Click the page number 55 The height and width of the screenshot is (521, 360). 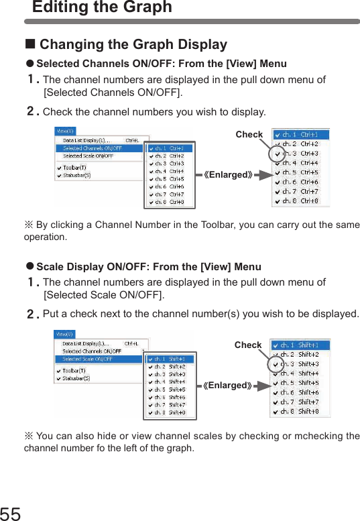click(x=11, y=514)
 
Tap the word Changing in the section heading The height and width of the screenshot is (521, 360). click(x=70, y=45)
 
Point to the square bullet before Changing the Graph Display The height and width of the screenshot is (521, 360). click(x=29, y=45)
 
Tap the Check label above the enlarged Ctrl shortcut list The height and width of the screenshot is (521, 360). click(x=249, y=135)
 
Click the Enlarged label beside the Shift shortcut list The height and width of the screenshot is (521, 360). click(x=228, y=386)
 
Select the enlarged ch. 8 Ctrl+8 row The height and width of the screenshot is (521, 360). click(x=300, y=200)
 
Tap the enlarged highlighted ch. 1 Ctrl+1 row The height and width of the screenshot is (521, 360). click(x=300, y=135)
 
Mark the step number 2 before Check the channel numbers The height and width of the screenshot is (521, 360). click(x=32, y=111)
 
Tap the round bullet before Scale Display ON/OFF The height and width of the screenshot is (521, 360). click(x=29, y=267)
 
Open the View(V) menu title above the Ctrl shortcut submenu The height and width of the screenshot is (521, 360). click(x=66, y=131)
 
